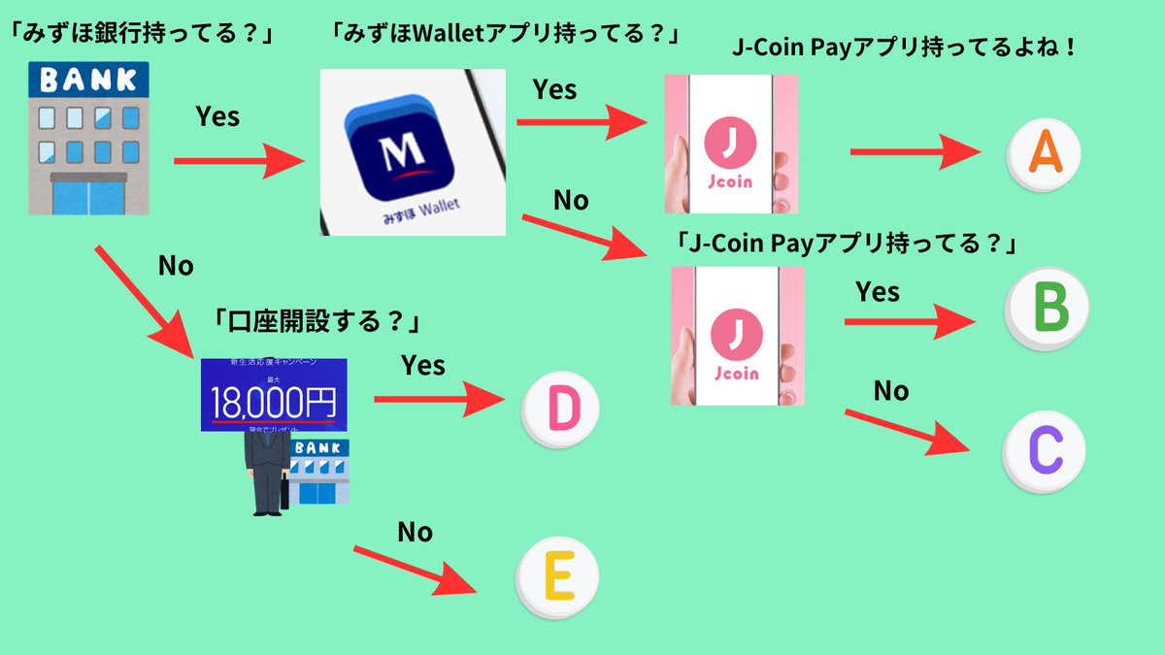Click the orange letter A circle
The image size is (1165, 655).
coord(1044,153)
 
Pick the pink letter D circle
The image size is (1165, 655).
coord(561,410)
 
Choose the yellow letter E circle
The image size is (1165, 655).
coord(555,578)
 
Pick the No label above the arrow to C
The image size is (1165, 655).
coord(890,390)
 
